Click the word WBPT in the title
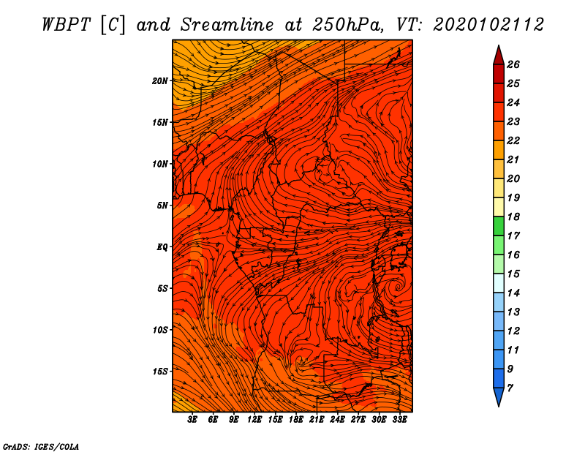click(66, 25)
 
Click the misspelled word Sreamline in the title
click(227, 25)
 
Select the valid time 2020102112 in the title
click(488, 25)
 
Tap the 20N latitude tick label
click(159, 81)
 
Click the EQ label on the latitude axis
click(162, 247)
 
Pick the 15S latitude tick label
click(159, 372)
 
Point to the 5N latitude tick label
click(162, 206)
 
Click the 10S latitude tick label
click(159, 330)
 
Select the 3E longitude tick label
click(192, 420)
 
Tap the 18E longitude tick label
click(296, 420)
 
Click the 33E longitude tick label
click(399, 420)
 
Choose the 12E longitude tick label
click(254, 420)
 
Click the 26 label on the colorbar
click(513, 64)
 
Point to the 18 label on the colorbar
click(513, 216)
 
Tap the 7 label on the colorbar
click(510, 388)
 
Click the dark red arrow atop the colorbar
click(499, 56)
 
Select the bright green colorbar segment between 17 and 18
click(499, 226)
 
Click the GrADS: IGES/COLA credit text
click(41, 447)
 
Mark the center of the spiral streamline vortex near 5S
click(398, 287)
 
